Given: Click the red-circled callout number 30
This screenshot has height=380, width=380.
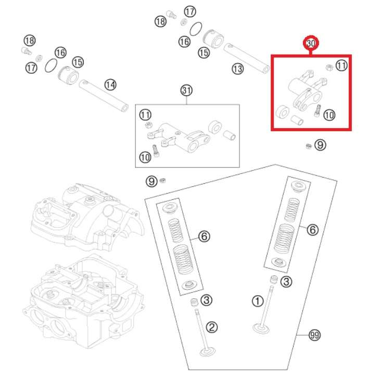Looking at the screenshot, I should click(x=311, y=44).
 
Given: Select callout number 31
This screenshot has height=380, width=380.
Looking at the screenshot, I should click(x=186, y=91).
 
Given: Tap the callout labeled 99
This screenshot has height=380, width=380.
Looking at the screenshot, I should click(x=313, y=336).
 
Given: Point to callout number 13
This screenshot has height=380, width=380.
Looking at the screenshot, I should click(x=237, y=68).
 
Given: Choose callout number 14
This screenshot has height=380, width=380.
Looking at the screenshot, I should click(x=110, y=84).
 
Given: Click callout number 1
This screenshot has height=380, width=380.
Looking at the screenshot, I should click(x=257, y=301).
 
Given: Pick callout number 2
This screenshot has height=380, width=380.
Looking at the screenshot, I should click(x=211, y=327).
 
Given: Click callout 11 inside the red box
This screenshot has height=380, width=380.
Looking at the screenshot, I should click(x=341, y=66).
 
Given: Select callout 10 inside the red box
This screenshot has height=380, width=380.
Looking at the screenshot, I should click(x=329, y=115).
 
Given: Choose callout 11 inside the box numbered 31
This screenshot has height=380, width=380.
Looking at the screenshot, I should click(x=145, y=115).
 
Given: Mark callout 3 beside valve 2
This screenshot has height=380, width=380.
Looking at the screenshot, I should click(x=207, y=300).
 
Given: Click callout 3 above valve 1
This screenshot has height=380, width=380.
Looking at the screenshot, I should click(x=287, y=282).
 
